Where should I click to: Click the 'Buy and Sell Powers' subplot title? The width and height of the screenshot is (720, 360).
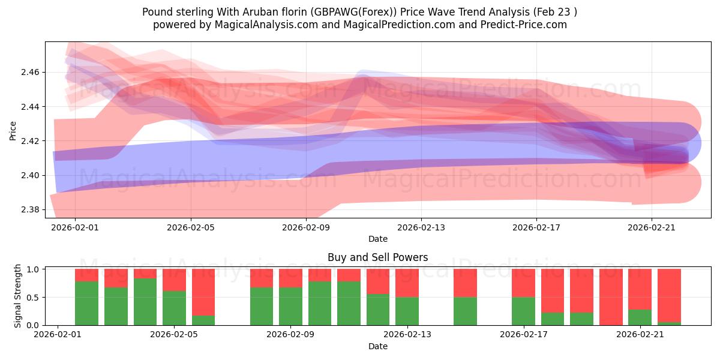coord(377,257)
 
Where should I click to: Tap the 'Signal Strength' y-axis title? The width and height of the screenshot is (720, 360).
coord(17,296)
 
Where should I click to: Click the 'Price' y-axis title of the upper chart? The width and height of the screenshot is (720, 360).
coord(13,130)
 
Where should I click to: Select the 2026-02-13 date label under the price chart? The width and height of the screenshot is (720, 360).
coord(421,227)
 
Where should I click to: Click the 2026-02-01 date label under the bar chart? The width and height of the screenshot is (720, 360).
coord(58,334)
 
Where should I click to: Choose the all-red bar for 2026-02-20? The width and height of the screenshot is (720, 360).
coord(611,297)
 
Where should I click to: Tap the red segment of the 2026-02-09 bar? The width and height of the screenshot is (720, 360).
coord(290,278)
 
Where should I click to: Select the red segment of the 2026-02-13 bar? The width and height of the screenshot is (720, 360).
coord(407,283)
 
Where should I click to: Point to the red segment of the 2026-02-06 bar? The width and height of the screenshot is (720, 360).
coord(203,292)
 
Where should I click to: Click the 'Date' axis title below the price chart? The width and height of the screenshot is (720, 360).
coord(377,239)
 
